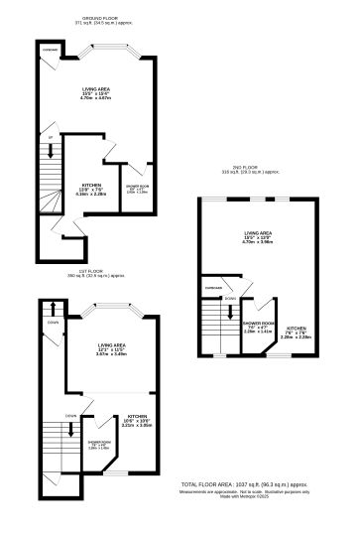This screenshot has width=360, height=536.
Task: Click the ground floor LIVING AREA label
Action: click(96, 93)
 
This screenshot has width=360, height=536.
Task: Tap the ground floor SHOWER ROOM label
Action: click(137, 190)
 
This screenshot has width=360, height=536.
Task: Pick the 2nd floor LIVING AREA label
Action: click(258, 238)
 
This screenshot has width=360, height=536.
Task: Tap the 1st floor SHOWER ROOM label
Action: click(100, 446)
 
